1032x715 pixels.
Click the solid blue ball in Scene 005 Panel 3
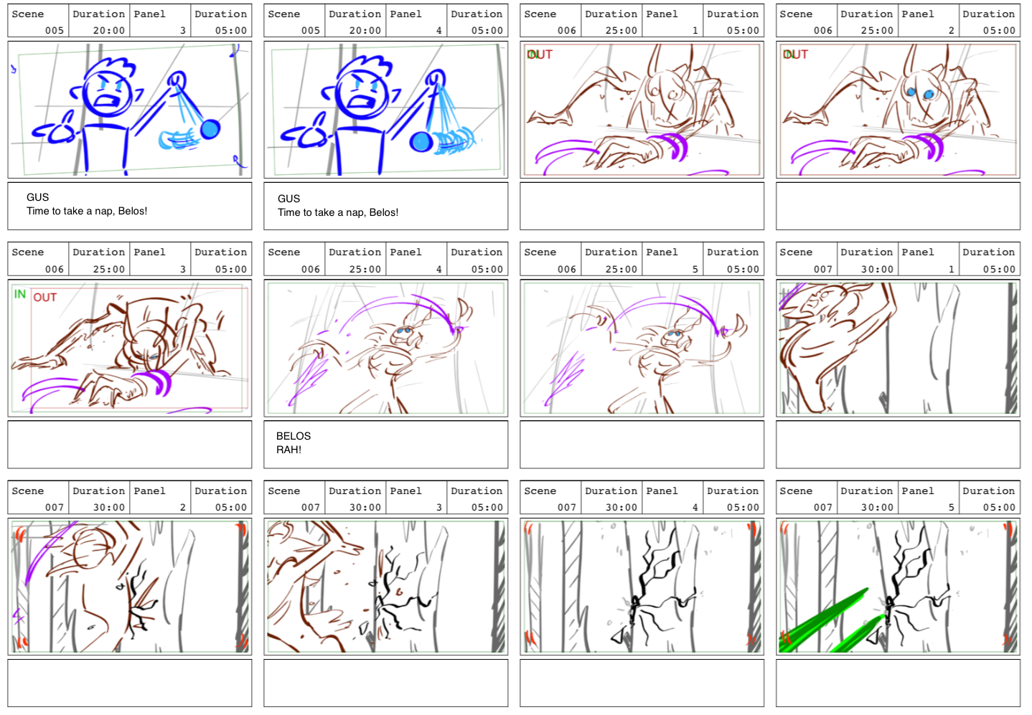(x=210, y=129)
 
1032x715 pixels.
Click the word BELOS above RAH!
(x=294, y=436)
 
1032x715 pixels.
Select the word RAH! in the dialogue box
(x=289, y=450)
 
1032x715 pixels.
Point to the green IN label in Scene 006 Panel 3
(x=20, y=294)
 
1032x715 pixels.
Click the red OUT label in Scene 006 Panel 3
(x=45, y=298)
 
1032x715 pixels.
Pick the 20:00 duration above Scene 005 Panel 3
(x=109, y=30)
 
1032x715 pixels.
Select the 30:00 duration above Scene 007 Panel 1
(x=877, y=269)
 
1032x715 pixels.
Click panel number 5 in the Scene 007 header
(x=952, y=507)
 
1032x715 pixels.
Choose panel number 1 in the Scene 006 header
(x=695, y=30)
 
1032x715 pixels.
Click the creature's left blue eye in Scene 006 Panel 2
(x=911, y=92)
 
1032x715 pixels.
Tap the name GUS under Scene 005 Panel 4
(x=289, y=199)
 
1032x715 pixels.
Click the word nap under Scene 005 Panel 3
(x=103, y=212)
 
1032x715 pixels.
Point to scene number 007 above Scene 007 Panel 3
(x=311, y=507)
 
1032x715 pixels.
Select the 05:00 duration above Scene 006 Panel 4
(x=487, y=269)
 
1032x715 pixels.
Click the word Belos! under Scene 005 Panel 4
(x=384, y=213)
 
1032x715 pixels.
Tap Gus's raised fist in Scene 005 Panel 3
(x=177, y=80)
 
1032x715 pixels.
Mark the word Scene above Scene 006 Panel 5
(x=540, y=252)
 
